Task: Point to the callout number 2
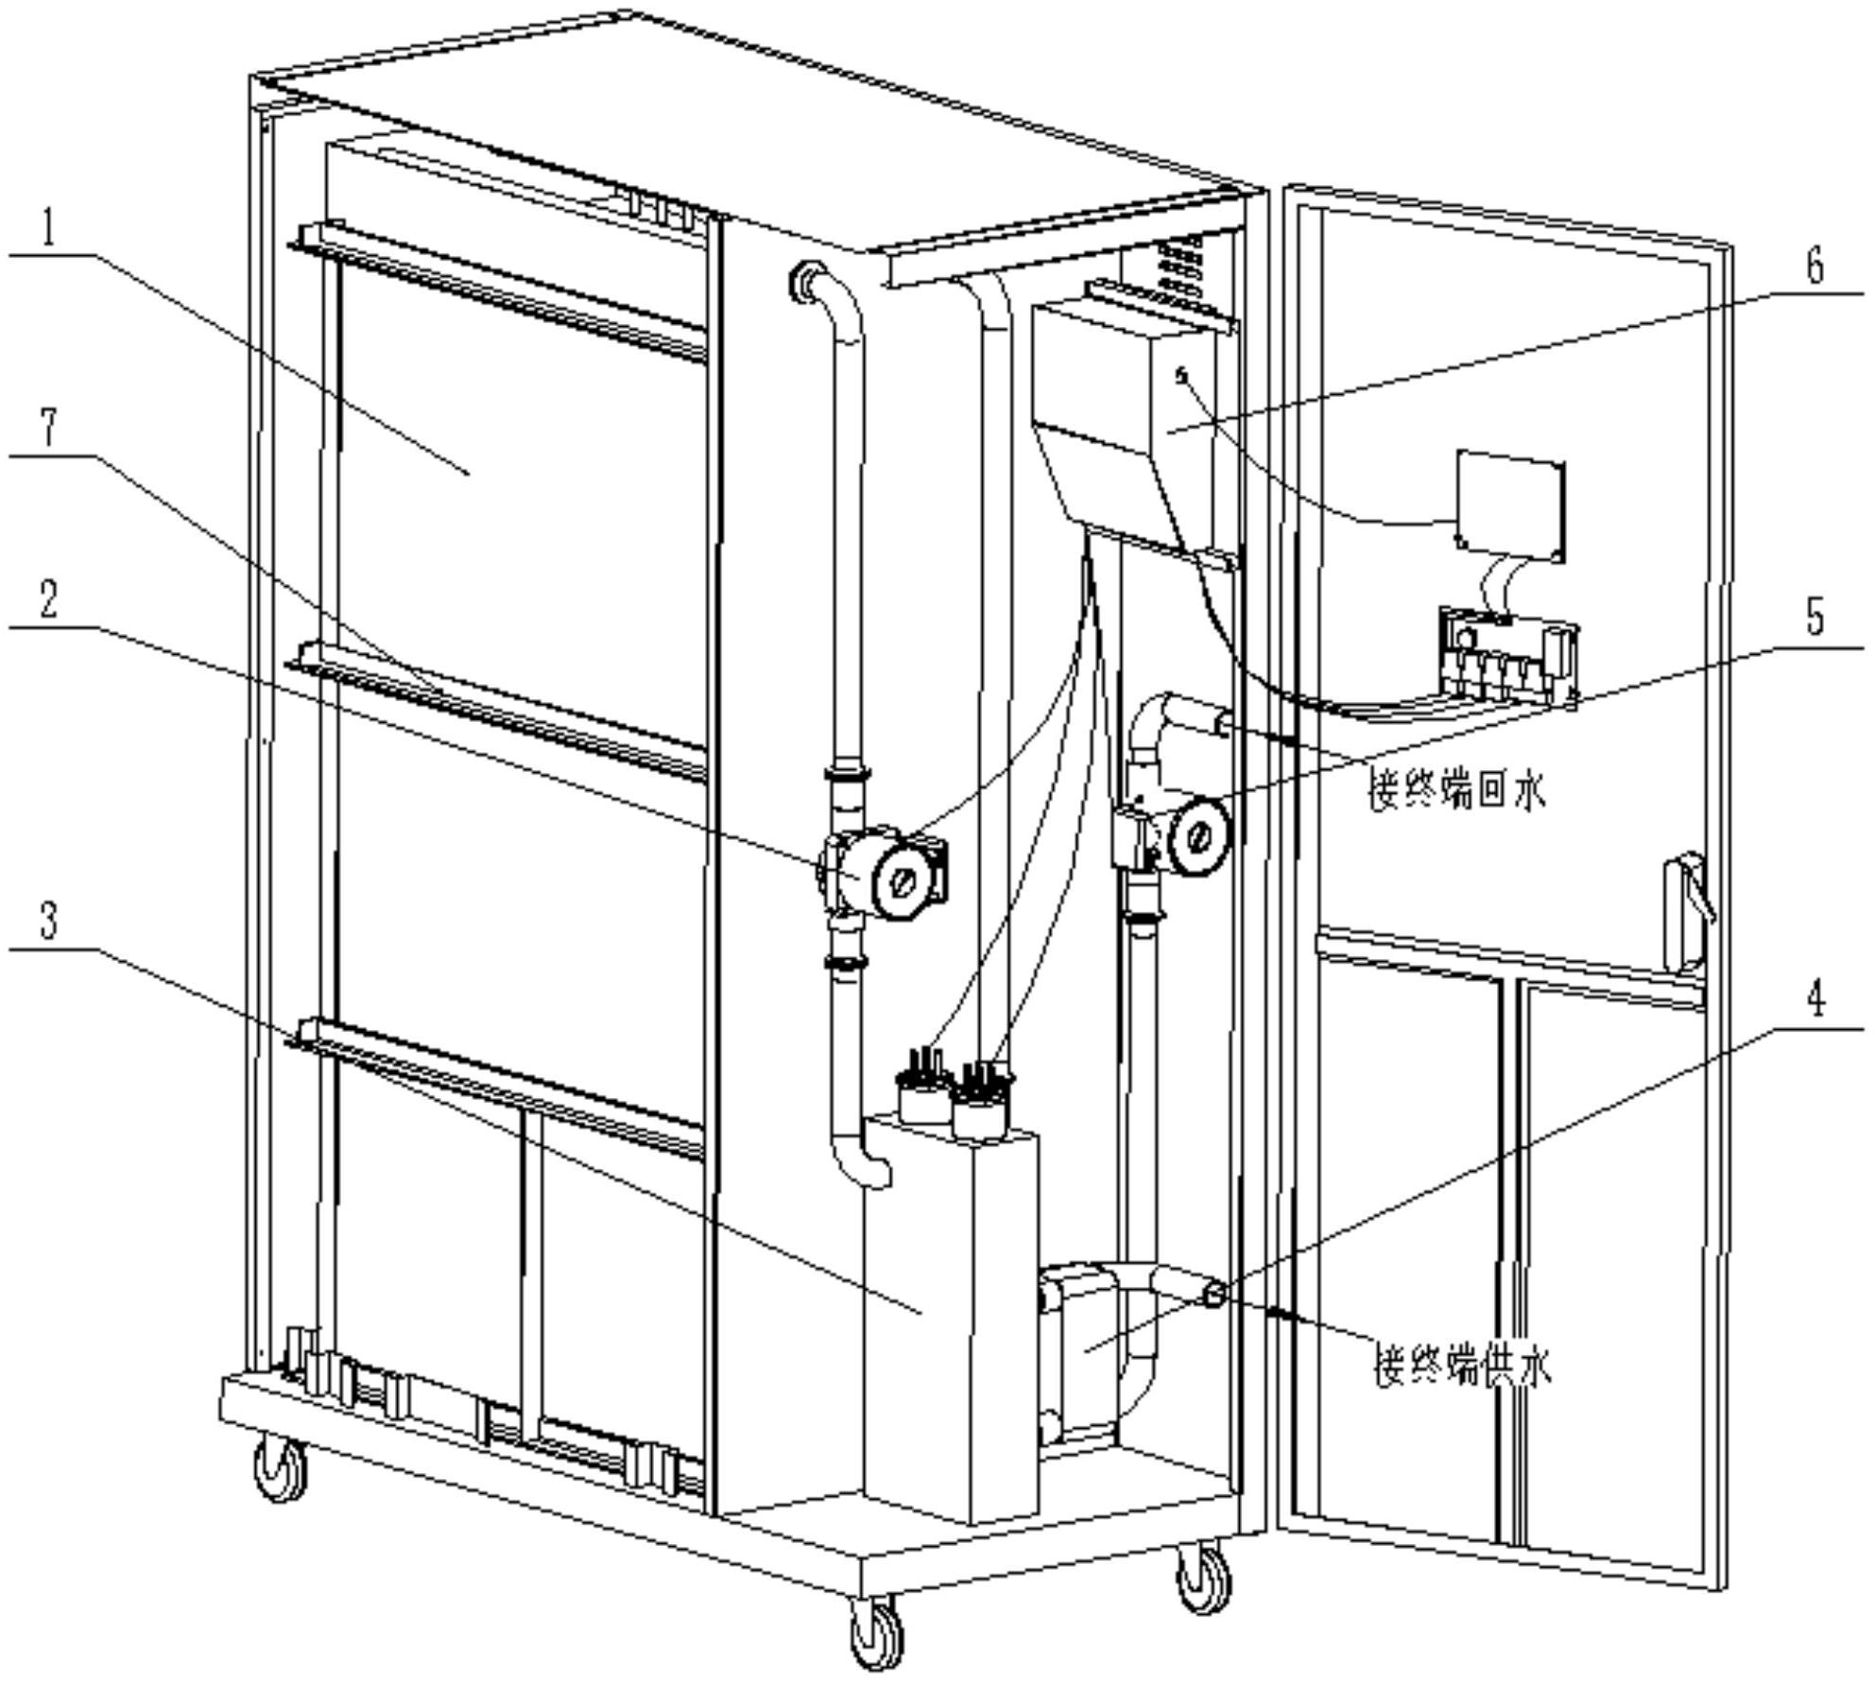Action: pos(48,601)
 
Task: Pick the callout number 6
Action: pos(1815,266)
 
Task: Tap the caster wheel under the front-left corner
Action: pos(281,1470)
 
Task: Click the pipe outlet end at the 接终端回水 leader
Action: pos(1224,724)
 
